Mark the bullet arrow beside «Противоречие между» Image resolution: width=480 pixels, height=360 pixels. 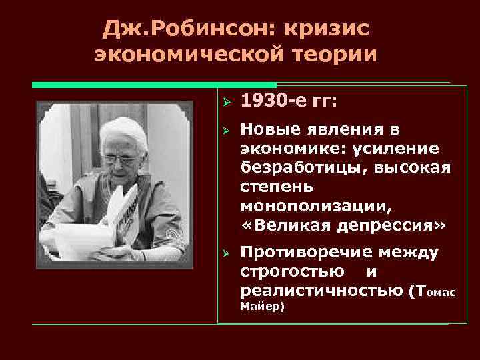coord(226,253)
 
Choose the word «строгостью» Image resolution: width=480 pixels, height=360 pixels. coord(293,271)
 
